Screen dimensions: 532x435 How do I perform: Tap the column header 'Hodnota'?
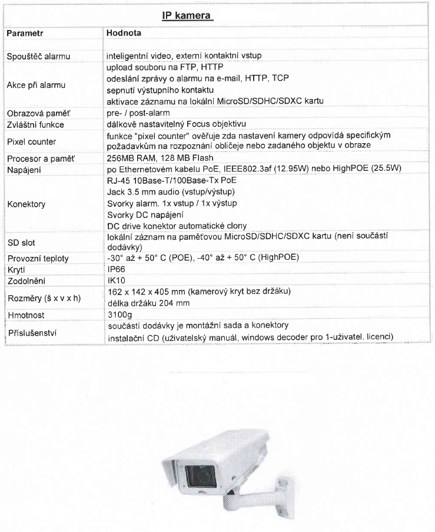point(124,34)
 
